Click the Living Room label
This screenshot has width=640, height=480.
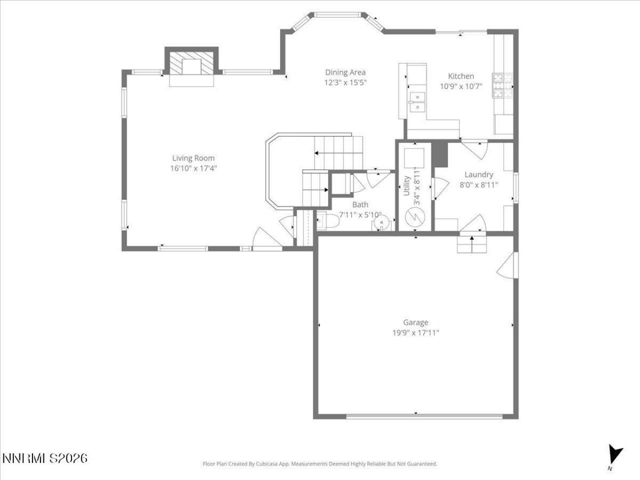193,158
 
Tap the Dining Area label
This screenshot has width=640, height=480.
345,72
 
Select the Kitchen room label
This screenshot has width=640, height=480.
460,76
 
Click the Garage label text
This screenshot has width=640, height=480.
415,322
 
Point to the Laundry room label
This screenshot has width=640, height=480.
478,174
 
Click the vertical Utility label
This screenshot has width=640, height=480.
406,186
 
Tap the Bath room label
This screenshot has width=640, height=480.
360,204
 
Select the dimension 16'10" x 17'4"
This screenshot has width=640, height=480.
193,168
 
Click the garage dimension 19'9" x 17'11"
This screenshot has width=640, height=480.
415,332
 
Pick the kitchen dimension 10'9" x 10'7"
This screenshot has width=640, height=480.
460,86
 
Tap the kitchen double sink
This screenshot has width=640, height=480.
416,101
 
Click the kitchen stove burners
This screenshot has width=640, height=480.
502,85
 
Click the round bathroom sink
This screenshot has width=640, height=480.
381,221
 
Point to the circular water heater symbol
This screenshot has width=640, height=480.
414,217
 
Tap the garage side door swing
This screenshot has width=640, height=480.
507,265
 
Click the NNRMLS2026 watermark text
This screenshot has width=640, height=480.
45,458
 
